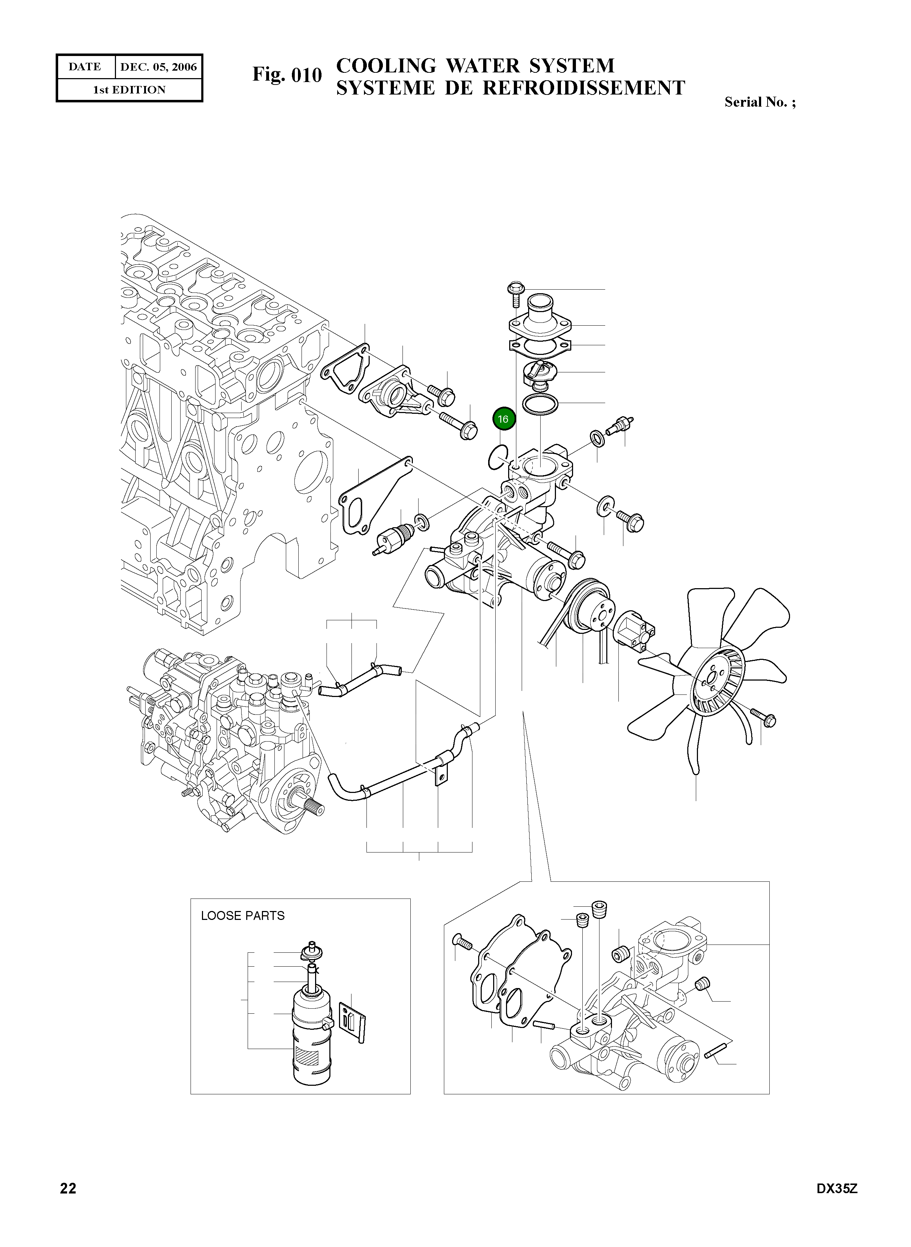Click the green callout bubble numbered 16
503,419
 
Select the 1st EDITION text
129,90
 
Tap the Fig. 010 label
287,75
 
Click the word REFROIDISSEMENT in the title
584,88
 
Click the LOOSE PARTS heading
243,916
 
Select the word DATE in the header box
85,67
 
